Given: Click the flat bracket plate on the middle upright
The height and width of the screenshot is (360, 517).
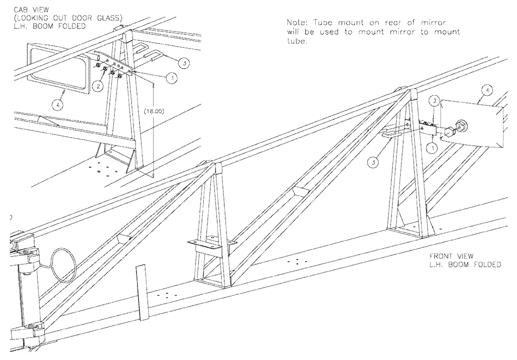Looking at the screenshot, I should pyautogui.click(x=210, y=242).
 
